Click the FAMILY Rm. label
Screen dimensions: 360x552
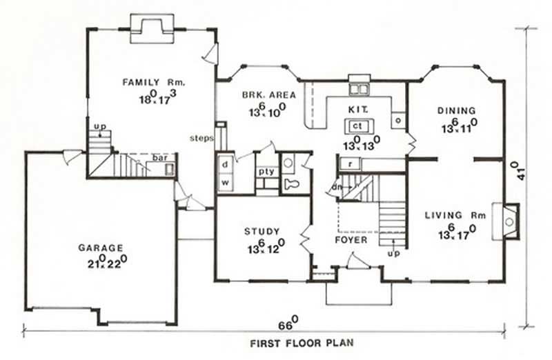[155, 82]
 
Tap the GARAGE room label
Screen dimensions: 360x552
[100, 248]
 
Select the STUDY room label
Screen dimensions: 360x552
[261, 231]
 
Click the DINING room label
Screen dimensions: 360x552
[456, 110]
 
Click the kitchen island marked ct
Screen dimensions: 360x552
[357, 126]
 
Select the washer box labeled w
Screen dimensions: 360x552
[225, 182]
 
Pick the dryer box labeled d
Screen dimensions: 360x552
[225, 165]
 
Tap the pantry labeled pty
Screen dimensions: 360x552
[266, 171]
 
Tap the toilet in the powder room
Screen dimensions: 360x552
[293, 183]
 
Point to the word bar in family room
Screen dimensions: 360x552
[160, 158]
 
